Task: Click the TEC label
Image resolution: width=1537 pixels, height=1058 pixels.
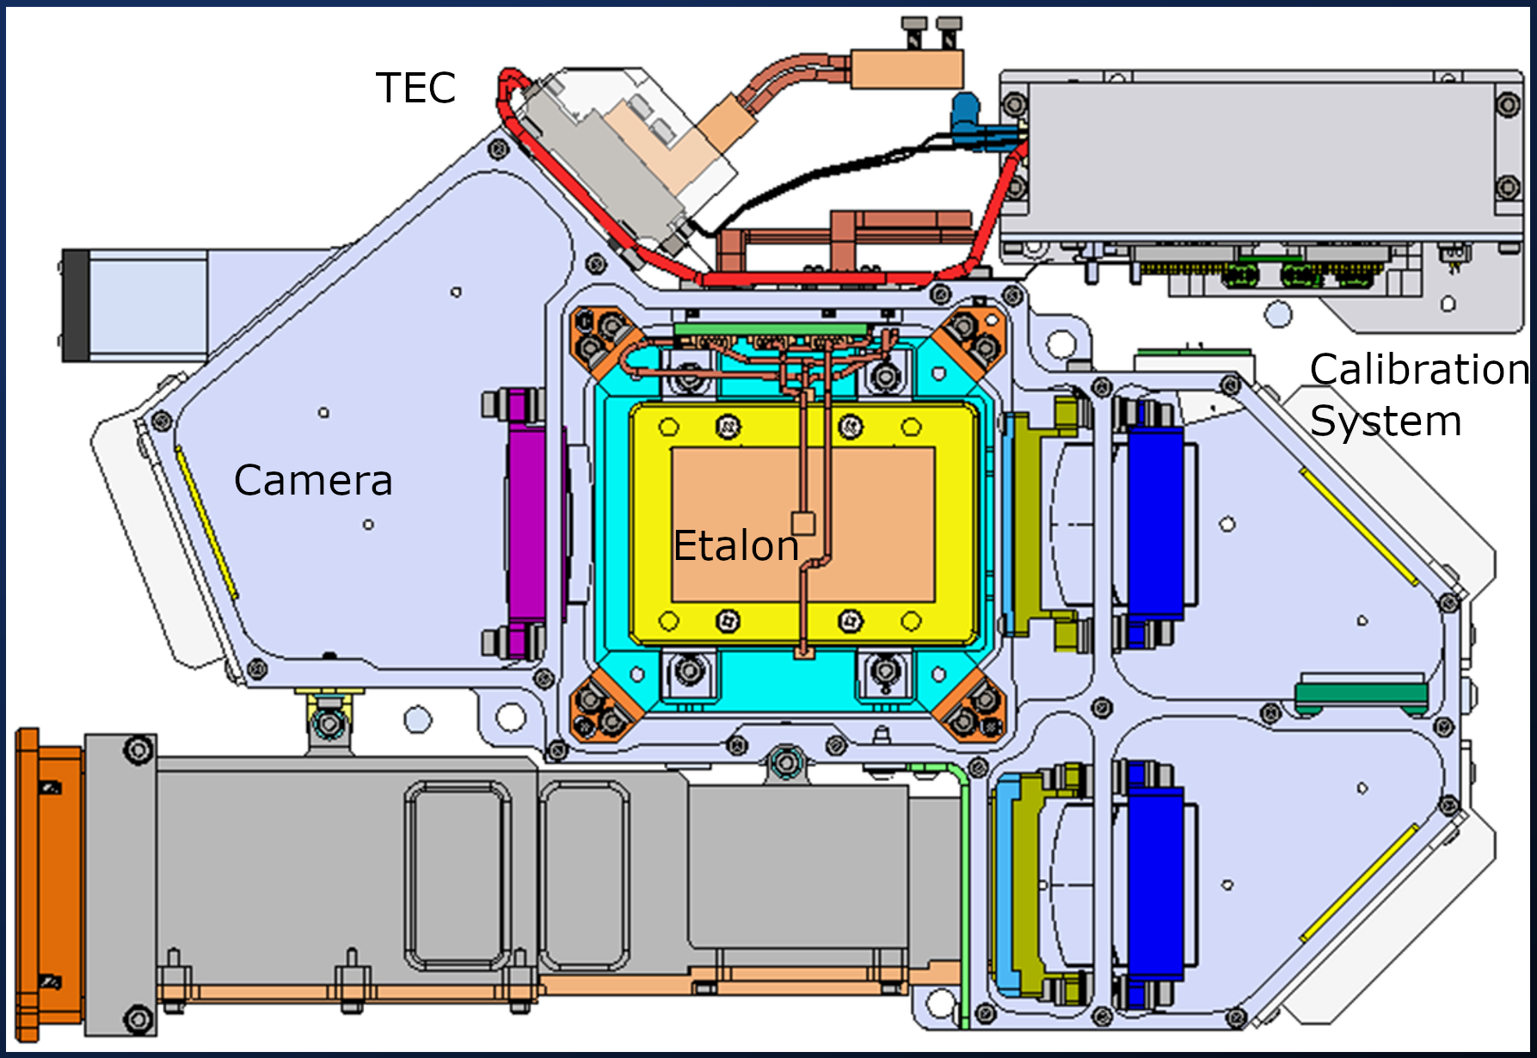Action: [415, 88]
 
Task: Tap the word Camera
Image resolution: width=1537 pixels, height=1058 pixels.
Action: [313, 480]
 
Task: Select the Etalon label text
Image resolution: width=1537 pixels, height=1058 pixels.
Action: [736, 546]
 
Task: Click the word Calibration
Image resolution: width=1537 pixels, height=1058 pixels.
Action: [1418, 370]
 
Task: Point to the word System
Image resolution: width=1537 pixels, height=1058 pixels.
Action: [1386, 421]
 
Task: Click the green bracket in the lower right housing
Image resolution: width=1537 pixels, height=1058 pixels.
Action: [1361, 693]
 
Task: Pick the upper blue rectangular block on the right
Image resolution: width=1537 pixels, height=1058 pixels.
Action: [1155, 513]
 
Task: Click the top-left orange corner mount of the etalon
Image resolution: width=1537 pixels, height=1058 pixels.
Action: [603, 339]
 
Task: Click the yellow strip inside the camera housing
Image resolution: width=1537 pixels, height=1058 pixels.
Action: [206, 522]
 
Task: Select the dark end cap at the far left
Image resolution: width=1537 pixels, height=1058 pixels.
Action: [75, 304]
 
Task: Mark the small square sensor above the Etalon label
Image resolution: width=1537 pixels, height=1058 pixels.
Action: [802, 523]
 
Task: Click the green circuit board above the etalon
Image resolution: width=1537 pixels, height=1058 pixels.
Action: [771, 329]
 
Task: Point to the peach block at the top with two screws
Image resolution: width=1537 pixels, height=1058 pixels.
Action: [907, 69]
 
